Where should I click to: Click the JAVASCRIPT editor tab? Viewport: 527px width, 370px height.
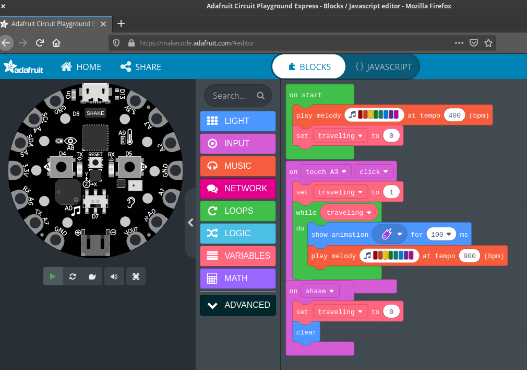[383, 67]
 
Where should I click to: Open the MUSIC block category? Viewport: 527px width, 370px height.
[238, 166]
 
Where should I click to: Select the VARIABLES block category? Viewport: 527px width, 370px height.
[238, 256]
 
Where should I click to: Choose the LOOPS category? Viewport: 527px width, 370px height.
[238, 211]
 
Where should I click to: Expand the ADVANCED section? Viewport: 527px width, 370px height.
[238, 305]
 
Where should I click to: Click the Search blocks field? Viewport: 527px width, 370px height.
[238, 96]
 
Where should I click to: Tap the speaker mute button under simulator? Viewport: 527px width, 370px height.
[114, 276]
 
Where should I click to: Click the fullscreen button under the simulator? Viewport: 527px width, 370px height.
[136, 276]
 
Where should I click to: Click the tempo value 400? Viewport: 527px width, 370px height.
[454, 115]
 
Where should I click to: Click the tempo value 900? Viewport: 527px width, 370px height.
[470, 256]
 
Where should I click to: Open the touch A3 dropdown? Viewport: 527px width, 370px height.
[326, 172]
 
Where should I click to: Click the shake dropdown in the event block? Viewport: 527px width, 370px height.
[320, 291]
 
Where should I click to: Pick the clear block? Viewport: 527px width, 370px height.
[306, 332]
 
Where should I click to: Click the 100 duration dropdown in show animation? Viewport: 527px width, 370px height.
[441, 234]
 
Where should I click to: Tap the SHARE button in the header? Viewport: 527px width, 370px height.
[141, 67]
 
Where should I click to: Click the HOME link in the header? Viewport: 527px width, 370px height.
[81, 67]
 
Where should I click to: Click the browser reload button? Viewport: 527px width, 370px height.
[40, 43]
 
